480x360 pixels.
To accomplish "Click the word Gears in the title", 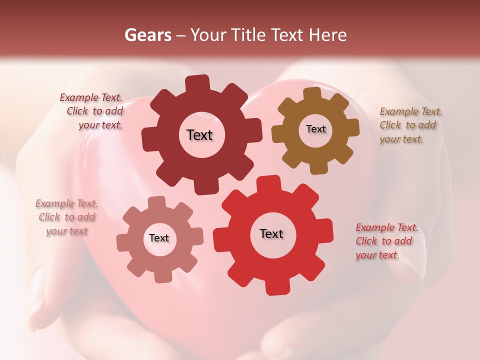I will tap(147, 35).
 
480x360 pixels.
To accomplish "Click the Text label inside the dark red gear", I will tap(199, 135).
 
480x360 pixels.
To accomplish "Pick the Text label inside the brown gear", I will tap(315, 129).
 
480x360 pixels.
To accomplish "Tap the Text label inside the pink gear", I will tap(159, 238).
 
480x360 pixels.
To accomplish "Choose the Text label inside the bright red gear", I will tap(271, 234).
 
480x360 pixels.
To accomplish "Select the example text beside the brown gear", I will tap(409, 125).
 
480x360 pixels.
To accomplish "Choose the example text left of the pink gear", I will tap(66, 217).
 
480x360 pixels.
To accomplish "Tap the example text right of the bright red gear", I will tap(385, 241).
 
